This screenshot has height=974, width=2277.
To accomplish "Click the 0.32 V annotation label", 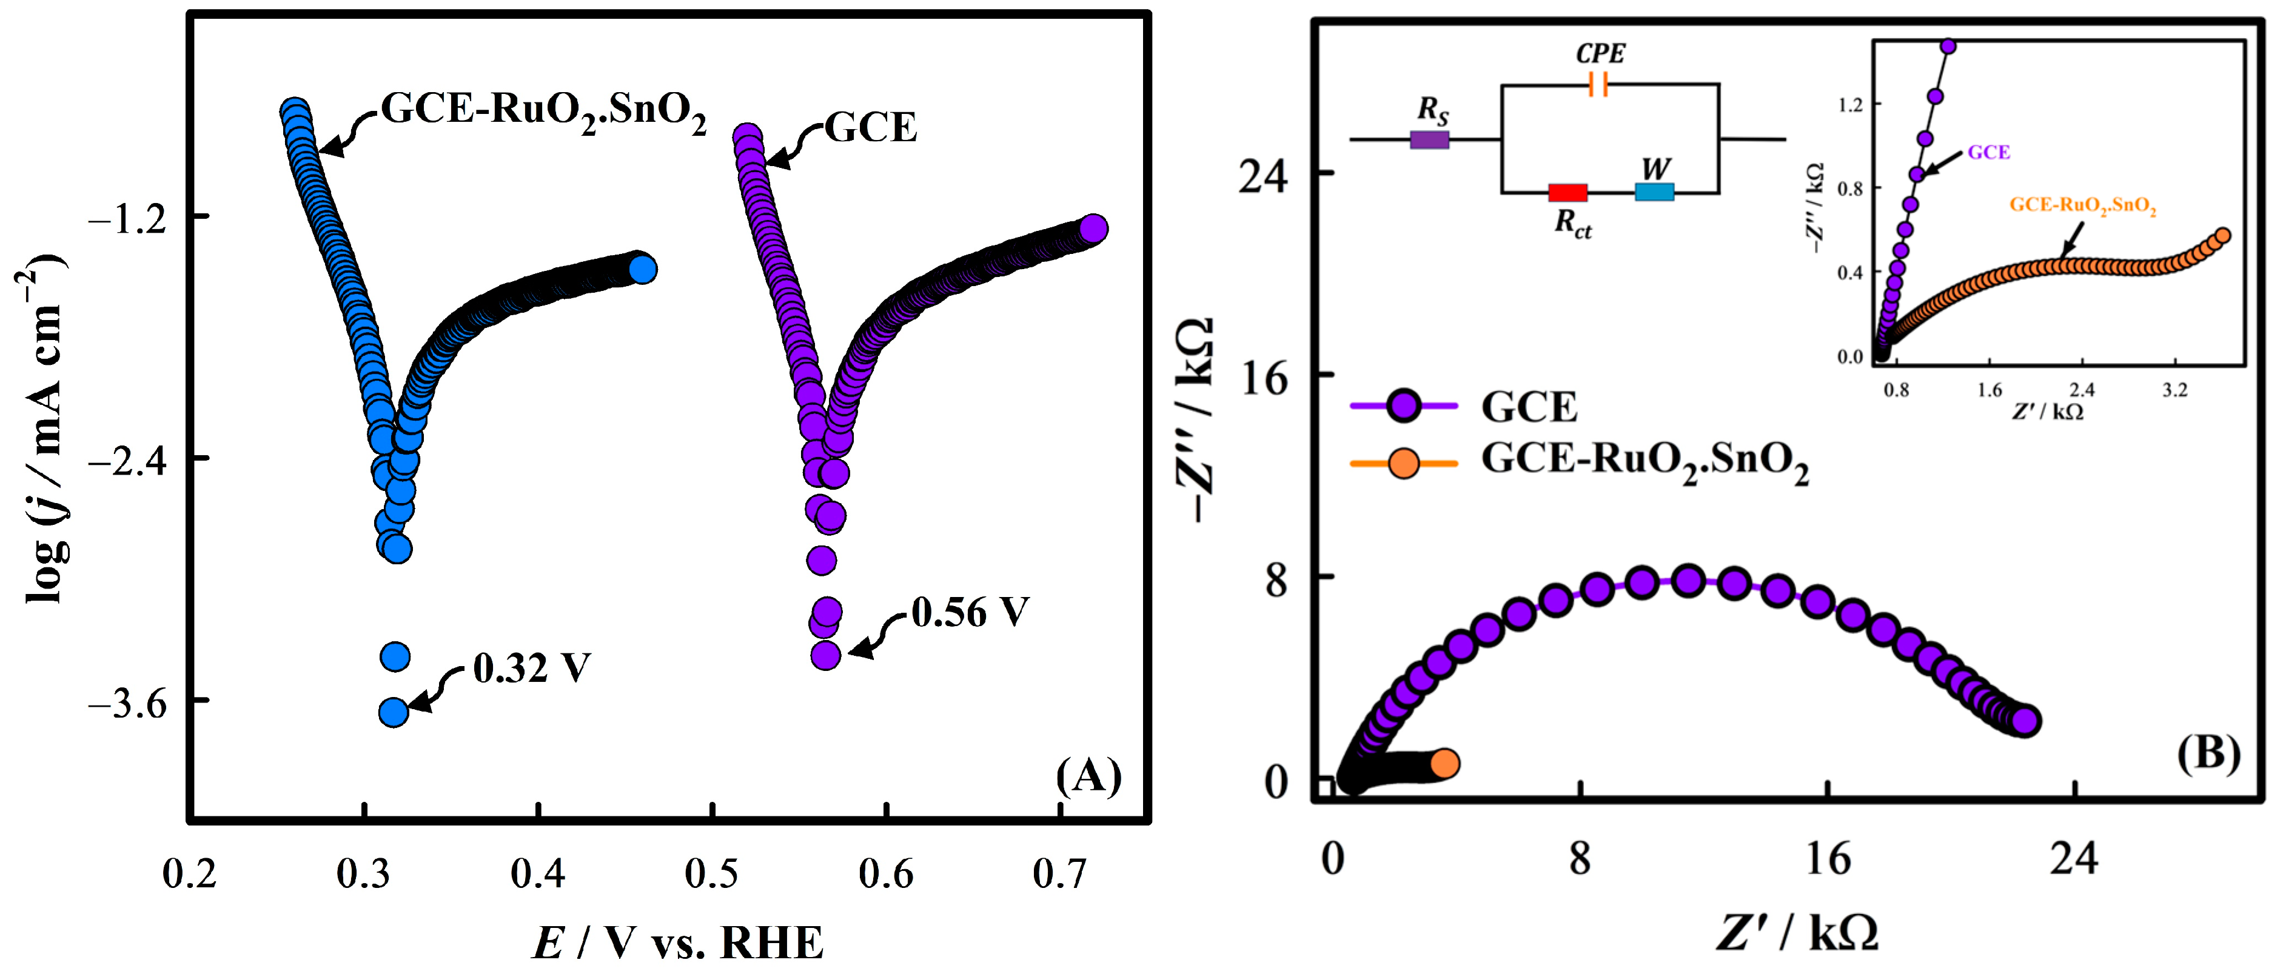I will tap(531, 669).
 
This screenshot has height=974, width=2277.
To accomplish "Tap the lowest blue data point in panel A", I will tap(394, 712).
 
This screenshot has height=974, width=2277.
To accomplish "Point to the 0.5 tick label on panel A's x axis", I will tap(711, 873).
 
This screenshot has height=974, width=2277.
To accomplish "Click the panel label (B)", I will tap(2207, 754).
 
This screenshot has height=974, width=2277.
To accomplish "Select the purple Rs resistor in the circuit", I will tap(1429, 139).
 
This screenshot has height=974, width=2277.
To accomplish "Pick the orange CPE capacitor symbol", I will tap(1597, 85).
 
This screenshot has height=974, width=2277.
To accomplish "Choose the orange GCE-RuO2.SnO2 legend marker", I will tap(1404, 462).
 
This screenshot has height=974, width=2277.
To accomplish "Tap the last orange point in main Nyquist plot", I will tap(1444, 764).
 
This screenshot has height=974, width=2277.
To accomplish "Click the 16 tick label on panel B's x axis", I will tap(1826, 858).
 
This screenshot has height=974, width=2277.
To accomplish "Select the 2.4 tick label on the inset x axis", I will tap(2082, 391).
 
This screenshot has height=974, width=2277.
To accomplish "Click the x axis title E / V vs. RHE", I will tap(678, 942).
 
